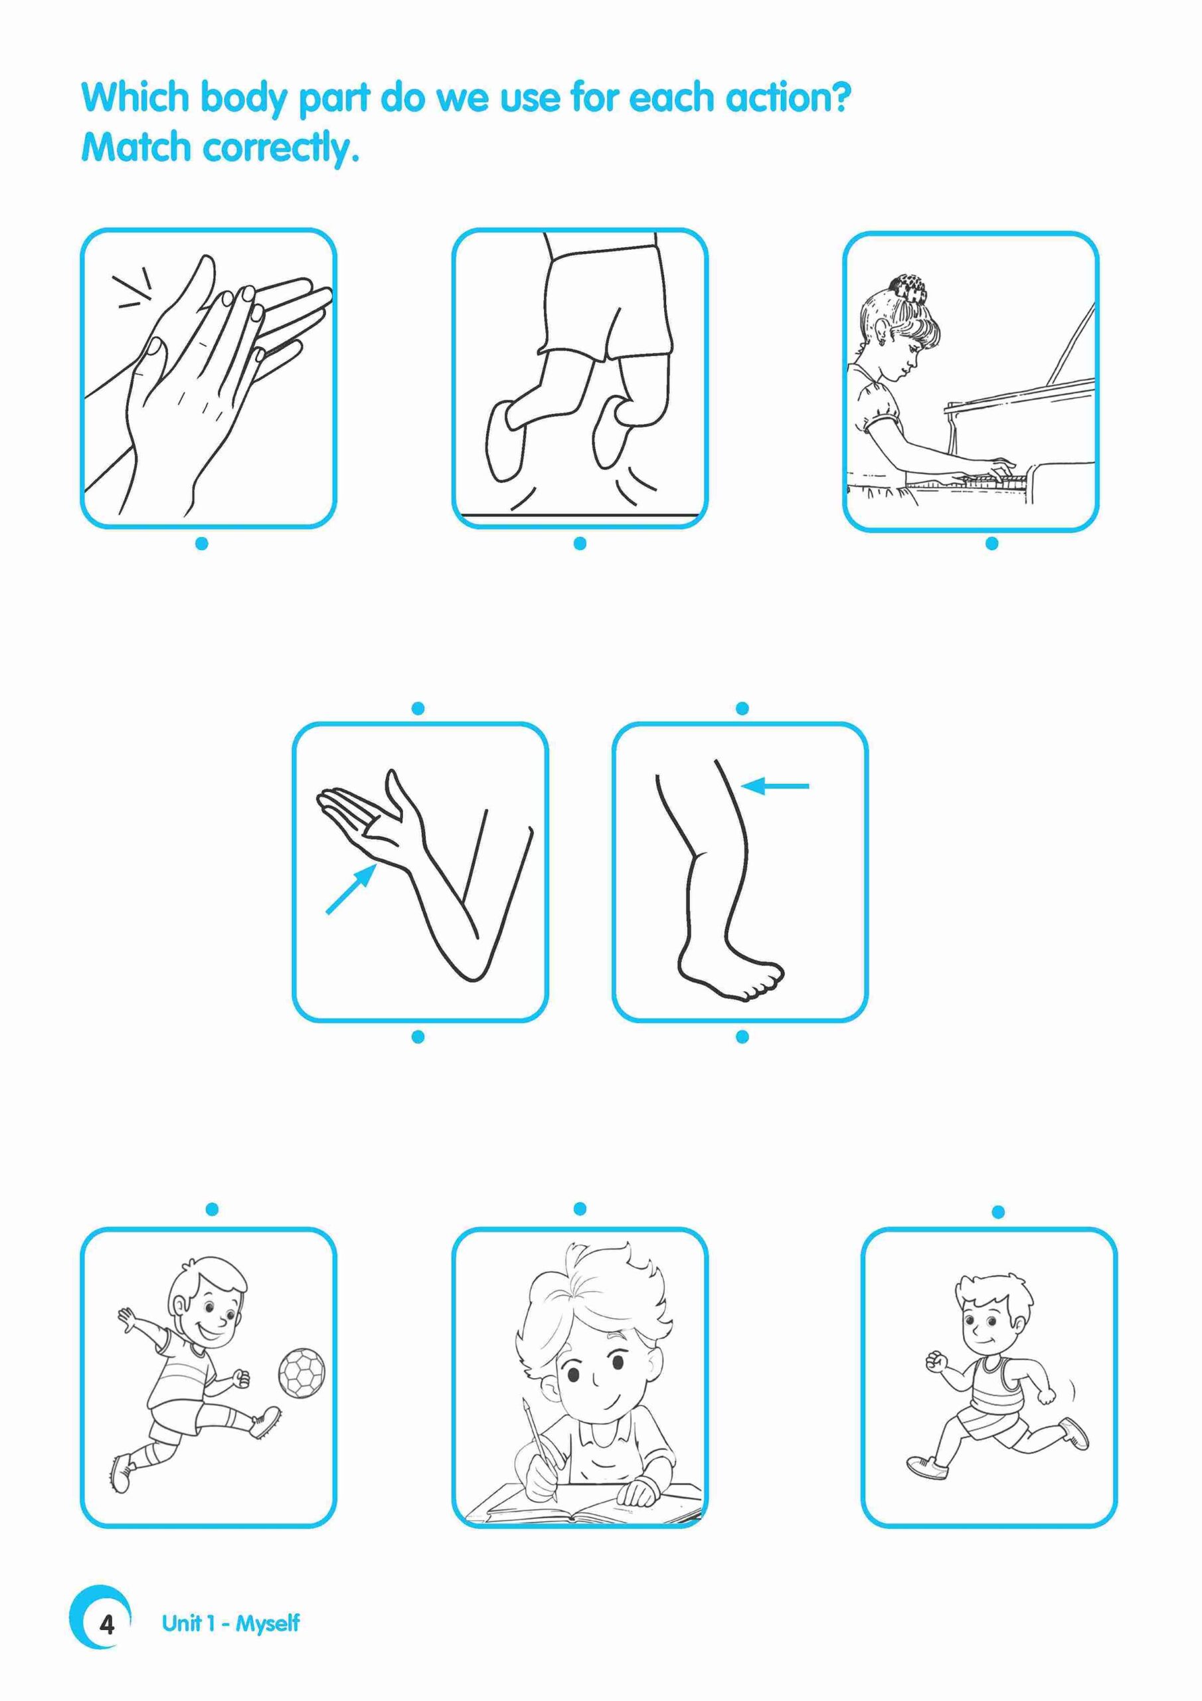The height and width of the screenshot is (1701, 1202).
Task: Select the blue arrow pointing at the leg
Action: coord(776,785)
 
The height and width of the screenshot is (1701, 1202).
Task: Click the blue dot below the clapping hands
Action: coord(201,544)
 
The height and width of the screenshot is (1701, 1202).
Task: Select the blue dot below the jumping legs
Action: coord(580,544)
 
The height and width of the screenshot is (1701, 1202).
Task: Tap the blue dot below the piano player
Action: coord(992,544)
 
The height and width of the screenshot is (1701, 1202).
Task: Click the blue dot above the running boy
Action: coord(997,1212)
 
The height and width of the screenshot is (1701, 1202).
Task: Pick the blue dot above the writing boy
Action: coord(580,1209)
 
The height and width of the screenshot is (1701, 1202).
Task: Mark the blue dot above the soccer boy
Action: coord(212,1210)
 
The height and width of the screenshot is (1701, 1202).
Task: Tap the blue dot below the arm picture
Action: coord(418,1037)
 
